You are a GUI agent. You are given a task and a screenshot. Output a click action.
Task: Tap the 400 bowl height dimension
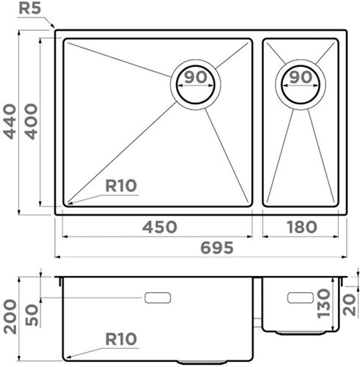[x=32, y=122]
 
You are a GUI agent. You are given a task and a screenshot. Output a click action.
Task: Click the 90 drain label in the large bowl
[x=195, y=77]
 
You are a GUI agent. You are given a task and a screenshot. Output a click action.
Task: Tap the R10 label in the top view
[x=121, y=186]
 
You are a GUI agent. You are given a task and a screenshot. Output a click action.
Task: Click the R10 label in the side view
[x=121, y=339]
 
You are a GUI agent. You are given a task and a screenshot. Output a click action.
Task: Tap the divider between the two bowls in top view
[x=258, y=122]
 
